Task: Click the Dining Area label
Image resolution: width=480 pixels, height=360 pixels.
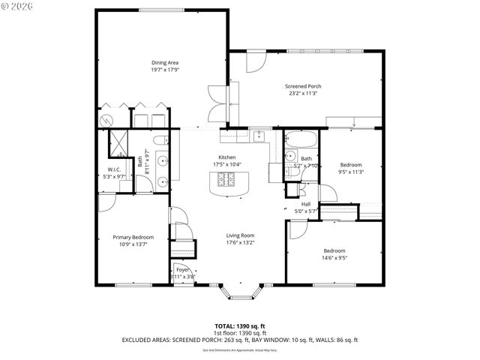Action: (x=164, y=62)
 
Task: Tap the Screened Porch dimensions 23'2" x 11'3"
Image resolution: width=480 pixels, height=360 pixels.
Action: (x=302, y=94)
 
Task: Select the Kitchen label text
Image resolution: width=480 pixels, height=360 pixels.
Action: (x=226, y=157)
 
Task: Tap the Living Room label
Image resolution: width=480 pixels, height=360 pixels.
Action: (x=240, y=235)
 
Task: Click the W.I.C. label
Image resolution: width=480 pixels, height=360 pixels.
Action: (x=115, y=169)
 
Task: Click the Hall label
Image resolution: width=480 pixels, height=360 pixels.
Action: (x=305, y=203)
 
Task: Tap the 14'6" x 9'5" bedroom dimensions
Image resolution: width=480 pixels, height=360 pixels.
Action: (x=334, y=258)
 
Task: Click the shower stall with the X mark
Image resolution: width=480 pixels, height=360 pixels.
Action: (x=118, y=142)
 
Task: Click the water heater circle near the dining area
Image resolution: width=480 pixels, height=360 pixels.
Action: (x=106, y=120)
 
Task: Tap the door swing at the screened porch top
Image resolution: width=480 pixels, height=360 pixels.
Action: (x=252, y=61)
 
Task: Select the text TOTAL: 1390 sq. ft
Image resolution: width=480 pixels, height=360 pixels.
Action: (x=240, y=326)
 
